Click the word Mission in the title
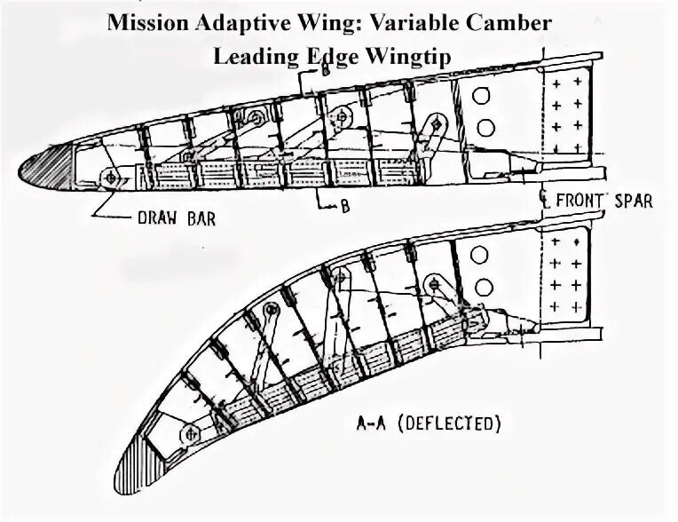click(x=146, y=22)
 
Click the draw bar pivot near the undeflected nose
click(x=111, y=178)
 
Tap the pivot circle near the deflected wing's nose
click(x=189, y=433)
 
